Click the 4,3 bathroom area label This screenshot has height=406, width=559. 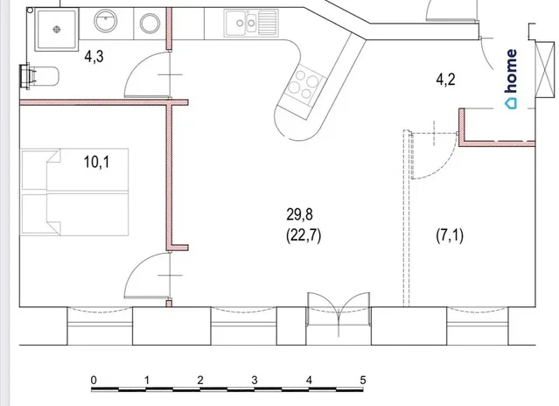(x=94, y=56)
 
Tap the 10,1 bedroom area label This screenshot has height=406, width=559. (x=96, y=162)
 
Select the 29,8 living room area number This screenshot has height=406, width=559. (x=299, y=214)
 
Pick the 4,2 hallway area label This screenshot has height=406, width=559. (x=445, y=80)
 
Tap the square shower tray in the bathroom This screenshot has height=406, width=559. (x=57, y=30)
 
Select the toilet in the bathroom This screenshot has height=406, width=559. (x=39, y=75)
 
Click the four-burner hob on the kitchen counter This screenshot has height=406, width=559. (x=304, y=85)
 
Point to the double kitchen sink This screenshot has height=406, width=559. (x=251, y=23)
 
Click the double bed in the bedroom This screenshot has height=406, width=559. (x=75, y=192)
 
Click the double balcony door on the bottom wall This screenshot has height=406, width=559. (x=339, y=313)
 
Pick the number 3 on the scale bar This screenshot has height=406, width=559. (x=255, y=380)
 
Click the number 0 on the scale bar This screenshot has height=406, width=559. (x=94, y=380)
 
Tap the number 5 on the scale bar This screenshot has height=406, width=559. (x=362, y=380)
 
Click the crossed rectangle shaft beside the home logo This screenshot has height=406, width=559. (x=546, y=69)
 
